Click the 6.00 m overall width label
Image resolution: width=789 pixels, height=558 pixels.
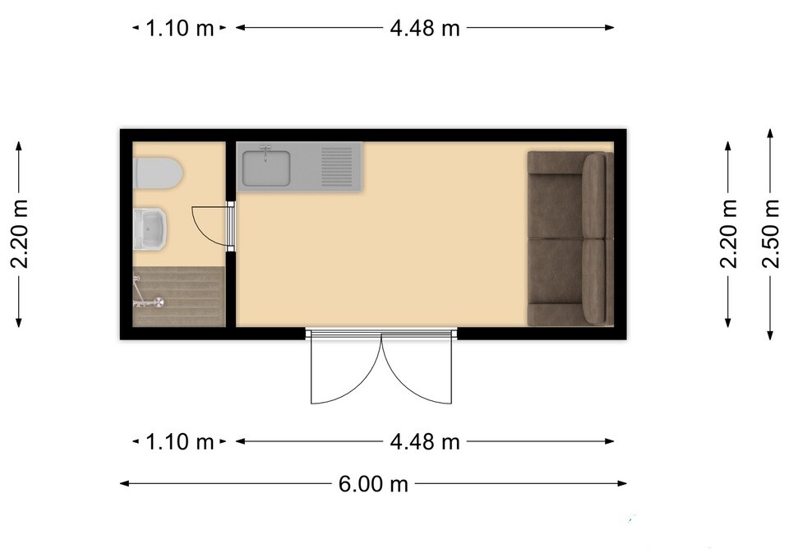point(373,484)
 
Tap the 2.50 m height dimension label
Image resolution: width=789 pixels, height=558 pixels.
point(770,234)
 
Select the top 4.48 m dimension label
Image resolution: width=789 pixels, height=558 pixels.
point(425,28)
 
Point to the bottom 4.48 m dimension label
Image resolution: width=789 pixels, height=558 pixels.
point(425,442)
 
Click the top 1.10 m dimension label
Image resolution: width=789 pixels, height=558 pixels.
point(180,28)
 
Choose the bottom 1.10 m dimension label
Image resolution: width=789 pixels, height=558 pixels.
point(180,442)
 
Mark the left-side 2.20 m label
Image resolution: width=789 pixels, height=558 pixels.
point(19,234)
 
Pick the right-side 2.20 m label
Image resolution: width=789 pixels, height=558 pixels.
point(728,234)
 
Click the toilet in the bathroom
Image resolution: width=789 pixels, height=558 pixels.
point(158,173)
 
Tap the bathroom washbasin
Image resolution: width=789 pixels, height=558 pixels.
point(150,229)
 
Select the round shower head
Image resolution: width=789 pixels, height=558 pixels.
point(159,302)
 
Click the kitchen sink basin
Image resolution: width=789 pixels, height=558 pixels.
point(266,168)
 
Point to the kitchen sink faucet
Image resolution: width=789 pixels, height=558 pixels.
point(265,152)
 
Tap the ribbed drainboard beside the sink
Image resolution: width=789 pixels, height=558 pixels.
point(337,167)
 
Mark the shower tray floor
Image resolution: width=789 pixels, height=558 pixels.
point(178,297)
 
